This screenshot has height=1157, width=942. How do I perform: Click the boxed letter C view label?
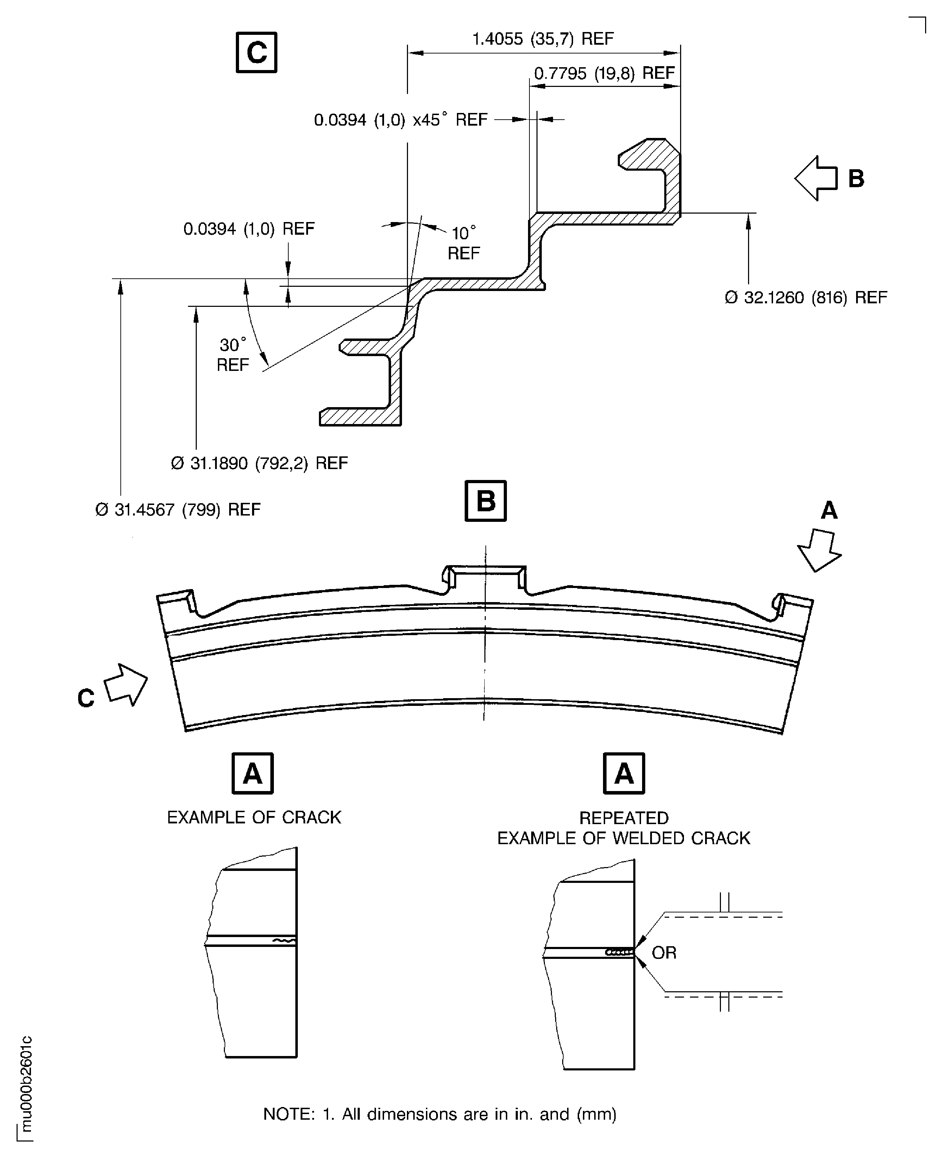[256, 53]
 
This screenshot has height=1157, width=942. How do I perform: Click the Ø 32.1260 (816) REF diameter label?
[806, 298]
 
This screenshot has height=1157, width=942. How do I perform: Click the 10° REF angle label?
[463, 243]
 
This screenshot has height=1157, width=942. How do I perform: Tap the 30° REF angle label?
[233, 355]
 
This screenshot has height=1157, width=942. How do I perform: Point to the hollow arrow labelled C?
[126, 684]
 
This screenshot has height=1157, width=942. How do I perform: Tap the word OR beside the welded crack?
[664, 953]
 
